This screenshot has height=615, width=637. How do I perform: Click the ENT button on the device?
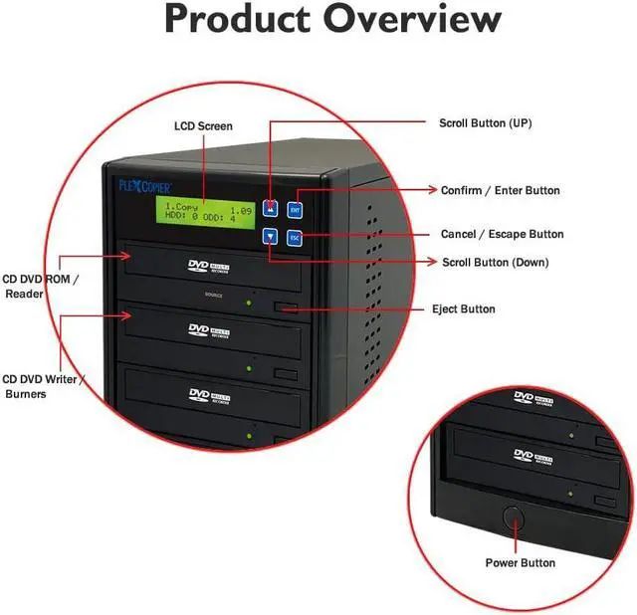pos(295,209)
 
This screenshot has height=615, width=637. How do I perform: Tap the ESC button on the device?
pos(295,238)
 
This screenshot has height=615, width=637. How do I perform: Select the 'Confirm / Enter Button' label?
pos(501,190)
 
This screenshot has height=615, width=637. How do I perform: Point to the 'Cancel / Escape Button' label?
pos(503,235)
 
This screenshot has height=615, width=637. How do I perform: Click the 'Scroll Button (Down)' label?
pos(495,263)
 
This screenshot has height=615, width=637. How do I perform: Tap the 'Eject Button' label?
pos(465,309)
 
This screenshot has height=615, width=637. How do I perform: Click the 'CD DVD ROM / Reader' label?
pos(39,287)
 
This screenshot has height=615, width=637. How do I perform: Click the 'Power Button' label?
pos(521,563)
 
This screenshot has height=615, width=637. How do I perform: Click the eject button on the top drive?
pos(287,307)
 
